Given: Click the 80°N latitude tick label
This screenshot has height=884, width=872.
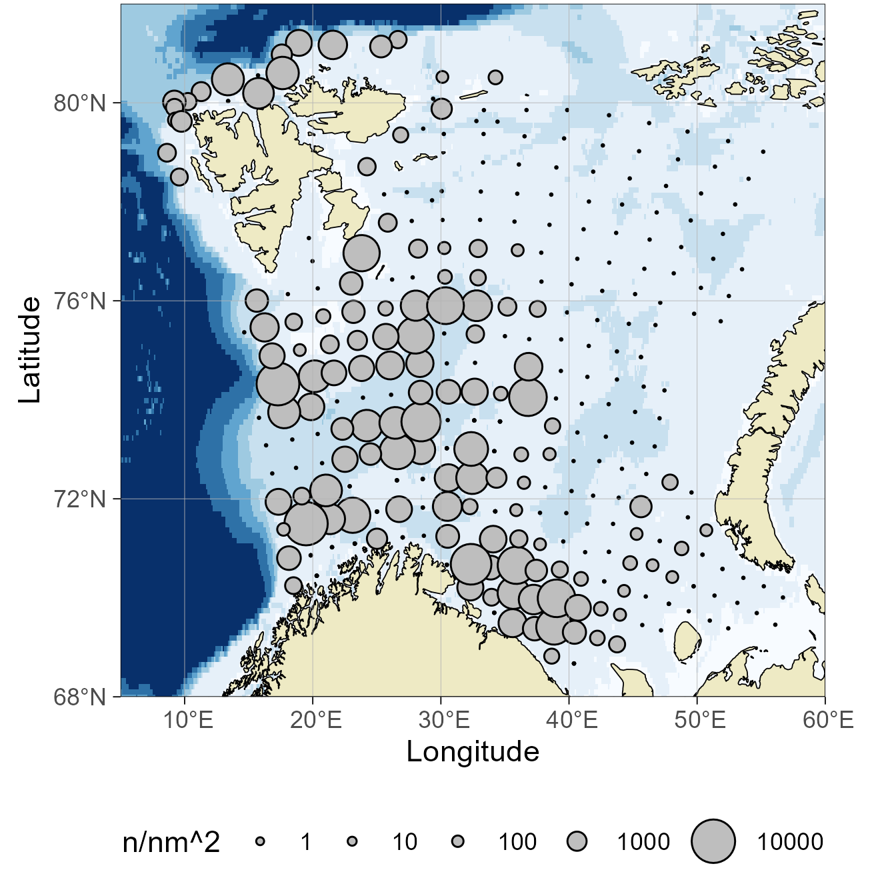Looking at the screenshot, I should pyautogui.click(x=79, y=104).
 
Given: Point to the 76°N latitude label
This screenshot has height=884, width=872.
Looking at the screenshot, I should pyautogui.click(x=79, y=301).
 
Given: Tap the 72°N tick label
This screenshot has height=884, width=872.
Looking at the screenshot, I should pyautogui.click(x=79, y=499).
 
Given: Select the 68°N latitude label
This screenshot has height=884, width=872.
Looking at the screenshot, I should pyautogui.click(x=79, y=697).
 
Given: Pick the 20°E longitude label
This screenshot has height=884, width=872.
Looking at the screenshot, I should pyautogui.click(x=317, y=721).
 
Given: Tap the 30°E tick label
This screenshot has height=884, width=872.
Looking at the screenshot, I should pyautogui.click(x=445, y=721).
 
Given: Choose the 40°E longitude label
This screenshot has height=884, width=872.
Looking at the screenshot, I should pyautogui.click(x=573, y=721).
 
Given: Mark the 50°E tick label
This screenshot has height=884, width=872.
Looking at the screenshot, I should pyautogui.click(x=700, y=721).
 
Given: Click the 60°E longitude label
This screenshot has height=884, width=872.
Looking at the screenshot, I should pyautogui.click(x=828, y=721).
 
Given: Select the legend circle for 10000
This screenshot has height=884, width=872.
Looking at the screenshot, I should pyautogui.click(x=713, y=841).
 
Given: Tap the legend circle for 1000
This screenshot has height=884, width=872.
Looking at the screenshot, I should pyautogui.click(x=577, y=842).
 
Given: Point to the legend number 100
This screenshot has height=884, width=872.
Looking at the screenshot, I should pyautogui.click(x=517, y=843).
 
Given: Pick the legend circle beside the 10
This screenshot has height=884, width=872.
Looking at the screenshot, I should pyautogui.click(x=352, y=842).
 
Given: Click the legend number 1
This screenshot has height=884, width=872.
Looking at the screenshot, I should pyautogui.click(x=306, y=843).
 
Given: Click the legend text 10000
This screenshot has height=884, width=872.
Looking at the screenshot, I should pyautogui.click(x=790, y=843).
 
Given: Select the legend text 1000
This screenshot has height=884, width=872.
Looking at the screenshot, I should pyautogui.click(x=643, y=843).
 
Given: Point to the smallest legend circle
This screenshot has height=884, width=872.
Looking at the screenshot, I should pyautogui.click(x=261, y=842).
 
